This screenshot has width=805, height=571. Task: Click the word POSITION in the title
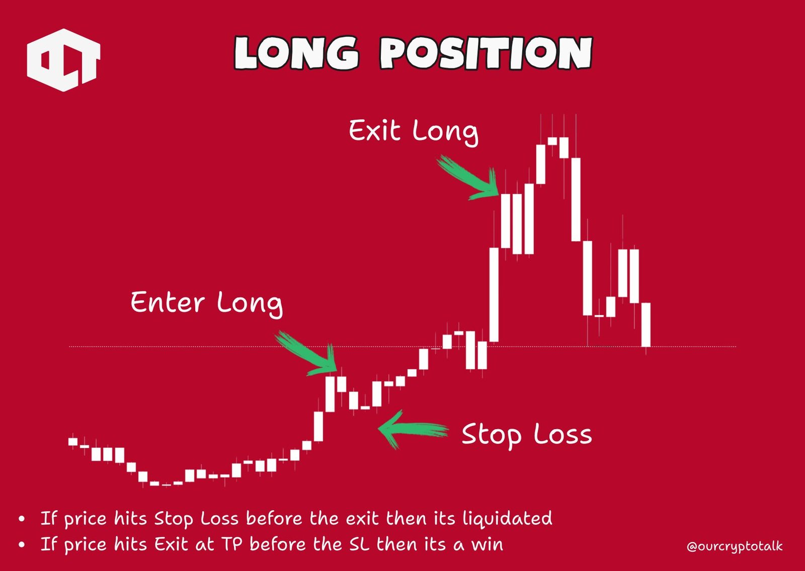(486, 53)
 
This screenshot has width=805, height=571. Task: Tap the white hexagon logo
(63, 60)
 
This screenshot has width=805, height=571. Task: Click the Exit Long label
(413, 131)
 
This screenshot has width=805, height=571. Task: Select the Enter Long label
(206, 302)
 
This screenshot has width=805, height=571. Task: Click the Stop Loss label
(526, 435)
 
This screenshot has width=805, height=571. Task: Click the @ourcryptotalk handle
(735, 546)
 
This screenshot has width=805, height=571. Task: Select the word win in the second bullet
(487, 544)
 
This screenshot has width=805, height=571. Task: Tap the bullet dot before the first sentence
(21, 518)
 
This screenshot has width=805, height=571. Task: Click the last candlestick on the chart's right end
(646, 324)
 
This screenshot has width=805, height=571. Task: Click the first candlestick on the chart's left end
(73, 441)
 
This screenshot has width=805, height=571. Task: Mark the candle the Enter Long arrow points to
(330, 393)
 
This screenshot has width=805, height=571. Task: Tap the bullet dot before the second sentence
(21, 544)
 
